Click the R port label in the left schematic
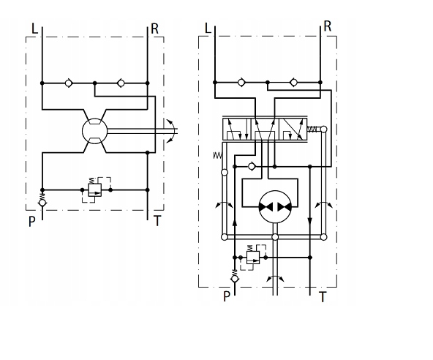(154, 29)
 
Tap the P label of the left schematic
(31, 220)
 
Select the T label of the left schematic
(157, 220)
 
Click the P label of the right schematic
(226, 296)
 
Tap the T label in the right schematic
(323, 296)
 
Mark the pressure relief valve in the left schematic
(95, 189)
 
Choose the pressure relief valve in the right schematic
(252, 257)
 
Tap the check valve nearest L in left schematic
(69, 83)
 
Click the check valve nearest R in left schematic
(121, 83)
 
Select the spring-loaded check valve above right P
(234, 277)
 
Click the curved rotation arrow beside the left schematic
(169, 132)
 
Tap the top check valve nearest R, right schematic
(293, 82)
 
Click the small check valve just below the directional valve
(252, 166)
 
